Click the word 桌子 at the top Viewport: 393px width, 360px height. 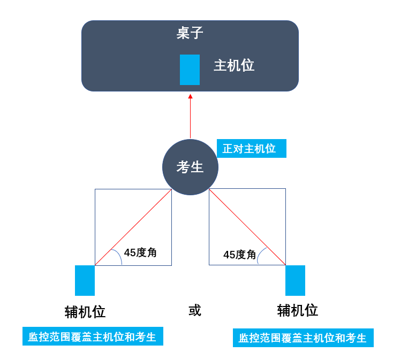(190, 33)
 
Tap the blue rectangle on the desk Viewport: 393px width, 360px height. (190, 70)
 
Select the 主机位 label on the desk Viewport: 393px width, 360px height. (234, 65)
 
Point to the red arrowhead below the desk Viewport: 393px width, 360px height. (190, 96)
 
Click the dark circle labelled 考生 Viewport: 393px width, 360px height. (190, 167)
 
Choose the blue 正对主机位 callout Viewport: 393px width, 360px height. (251, 149)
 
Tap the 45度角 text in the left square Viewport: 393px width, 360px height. (140, 252)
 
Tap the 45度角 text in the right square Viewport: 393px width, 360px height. (240, 255)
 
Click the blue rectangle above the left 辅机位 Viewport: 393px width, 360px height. (85, 280)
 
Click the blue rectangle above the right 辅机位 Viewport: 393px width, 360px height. (295, 280)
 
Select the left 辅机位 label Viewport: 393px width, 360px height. (85, 312)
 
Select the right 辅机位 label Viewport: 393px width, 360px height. (298, 310)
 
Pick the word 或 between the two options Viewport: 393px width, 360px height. (195, 310)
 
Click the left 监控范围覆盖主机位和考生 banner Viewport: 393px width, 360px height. (93, 336)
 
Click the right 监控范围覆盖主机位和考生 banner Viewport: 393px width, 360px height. (303, 338)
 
